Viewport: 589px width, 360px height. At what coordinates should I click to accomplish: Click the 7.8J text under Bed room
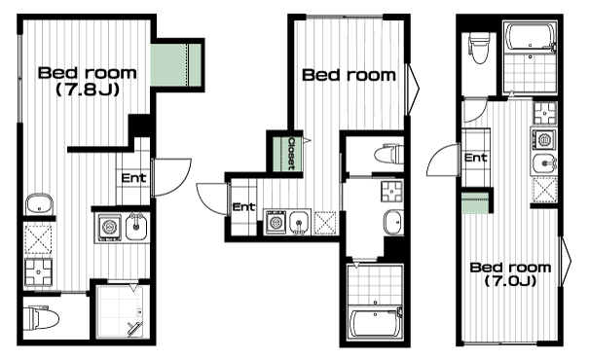click(88, 90)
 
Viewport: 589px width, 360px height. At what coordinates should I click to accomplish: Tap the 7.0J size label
click(510, 281)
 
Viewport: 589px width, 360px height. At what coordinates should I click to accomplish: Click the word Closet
click(291, 154)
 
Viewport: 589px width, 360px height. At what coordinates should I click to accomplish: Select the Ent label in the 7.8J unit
click(133, 178)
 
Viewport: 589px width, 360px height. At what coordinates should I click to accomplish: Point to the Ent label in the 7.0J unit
click(476, 158)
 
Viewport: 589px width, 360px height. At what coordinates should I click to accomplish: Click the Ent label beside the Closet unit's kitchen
click(243, 207)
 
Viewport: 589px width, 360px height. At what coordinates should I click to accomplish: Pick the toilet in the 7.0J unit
click(479, 48)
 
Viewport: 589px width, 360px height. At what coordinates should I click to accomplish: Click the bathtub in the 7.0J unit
click(530, 36)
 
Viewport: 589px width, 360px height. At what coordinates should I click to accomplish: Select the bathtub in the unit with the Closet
click(375, 323)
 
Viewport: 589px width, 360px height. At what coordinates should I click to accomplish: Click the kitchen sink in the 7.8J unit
click(135, 227)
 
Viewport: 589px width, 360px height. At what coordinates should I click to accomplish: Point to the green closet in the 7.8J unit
click(176, 65)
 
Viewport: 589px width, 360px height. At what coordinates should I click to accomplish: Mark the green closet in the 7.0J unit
click(475, 203)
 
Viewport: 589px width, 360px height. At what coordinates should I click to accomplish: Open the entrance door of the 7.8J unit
click(171, 177)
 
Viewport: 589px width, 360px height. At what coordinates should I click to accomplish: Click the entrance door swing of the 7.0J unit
click(443, 160)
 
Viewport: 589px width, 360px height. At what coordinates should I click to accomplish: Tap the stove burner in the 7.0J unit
click(544, 113)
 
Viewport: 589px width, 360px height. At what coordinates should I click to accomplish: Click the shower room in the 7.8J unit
click(120, 311)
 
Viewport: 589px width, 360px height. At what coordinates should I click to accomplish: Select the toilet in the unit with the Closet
click(388, 154)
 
